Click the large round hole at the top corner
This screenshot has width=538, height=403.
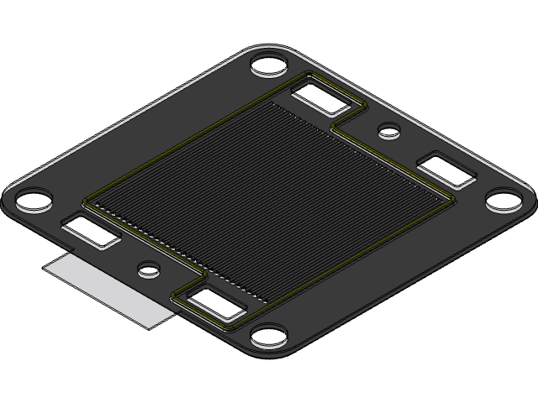pyautogui.click(x=270, y=65)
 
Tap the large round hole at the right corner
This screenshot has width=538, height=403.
pyautogui.click(x=504, y=201)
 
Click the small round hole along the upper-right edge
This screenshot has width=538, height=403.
pyautogui.click(x=388, y=130)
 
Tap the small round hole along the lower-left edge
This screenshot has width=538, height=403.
pyautogui.click(x=149, y=270)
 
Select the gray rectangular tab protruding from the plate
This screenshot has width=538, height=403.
pyautogui.click(x=109, y=290)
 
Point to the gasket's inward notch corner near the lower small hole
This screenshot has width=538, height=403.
pyautogui.click(x=205, y=275)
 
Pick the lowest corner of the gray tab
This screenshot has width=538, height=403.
pyautogui.click(x=156, y=327)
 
